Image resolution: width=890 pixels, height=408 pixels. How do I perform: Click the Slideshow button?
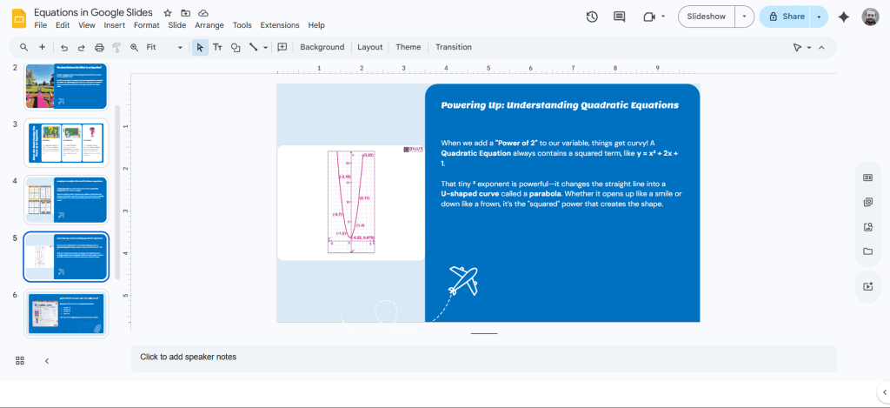(x=706, y=17)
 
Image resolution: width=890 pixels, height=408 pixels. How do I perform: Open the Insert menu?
(x=114, y=25)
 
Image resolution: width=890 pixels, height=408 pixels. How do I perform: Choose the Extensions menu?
(x=279, y=25)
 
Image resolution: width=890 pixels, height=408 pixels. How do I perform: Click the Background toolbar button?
(x=322, y=47)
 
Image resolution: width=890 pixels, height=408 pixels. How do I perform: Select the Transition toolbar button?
(x=453, y=47)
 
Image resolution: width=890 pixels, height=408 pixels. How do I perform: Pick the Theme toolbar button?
(x=408, y=47)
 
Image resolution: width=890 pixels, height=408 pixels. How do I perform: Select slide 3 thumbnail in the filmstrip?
(x=65, y=143)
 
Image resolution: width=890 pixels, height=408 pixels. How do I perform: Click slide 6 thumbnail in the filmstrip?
(x=65, y=313)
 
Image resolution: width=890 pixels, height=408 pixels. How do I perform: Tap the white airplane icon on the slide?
(x=463, y=279)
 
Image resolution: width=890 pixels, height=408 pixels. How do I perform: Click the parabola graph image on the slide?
(x=350, y=202)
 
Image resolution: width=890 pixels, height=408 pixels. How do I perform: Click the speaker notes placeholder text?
(x=188, y=357)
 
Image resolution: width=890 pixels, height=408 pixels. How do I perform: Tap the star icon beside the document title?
(x=168, y=13)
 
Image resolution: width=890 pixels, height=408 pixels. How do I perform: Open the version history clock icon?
(x=592, y=17)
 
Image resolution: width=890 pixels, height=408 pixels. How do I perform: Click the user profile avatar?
(x=870, y=17)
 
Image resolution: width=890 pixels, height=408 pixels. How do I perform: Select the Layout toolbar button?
(x=369, y=47)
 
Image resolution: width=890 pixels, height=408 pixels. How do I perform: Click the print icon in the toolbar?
(x=99, y=47)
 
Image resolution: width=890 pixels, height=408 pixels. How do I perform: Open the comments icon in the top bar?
(x=619, y=17)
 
